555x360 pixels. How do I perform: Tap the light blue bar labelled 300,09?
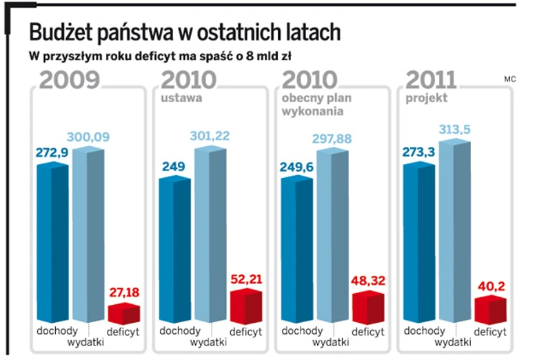[x=88, y=234]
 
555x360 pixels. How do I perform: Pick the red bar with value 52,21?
[x=245, y=306]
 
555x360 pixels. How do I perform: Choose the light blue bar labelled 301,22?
[x=210, y=234]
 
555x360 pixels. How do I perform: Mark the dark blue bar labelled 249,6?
[x=297, y=248]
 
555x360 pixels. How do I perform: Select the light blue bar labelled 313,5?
[x=456, y=231]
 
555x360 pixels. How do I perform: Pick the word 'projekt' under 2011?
[x=426, y=98]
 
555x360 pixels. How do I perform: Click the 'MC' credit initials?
[x=510, y=79]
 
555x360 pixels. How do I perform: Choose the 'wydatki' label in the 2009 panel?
[x=86, y=341]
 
